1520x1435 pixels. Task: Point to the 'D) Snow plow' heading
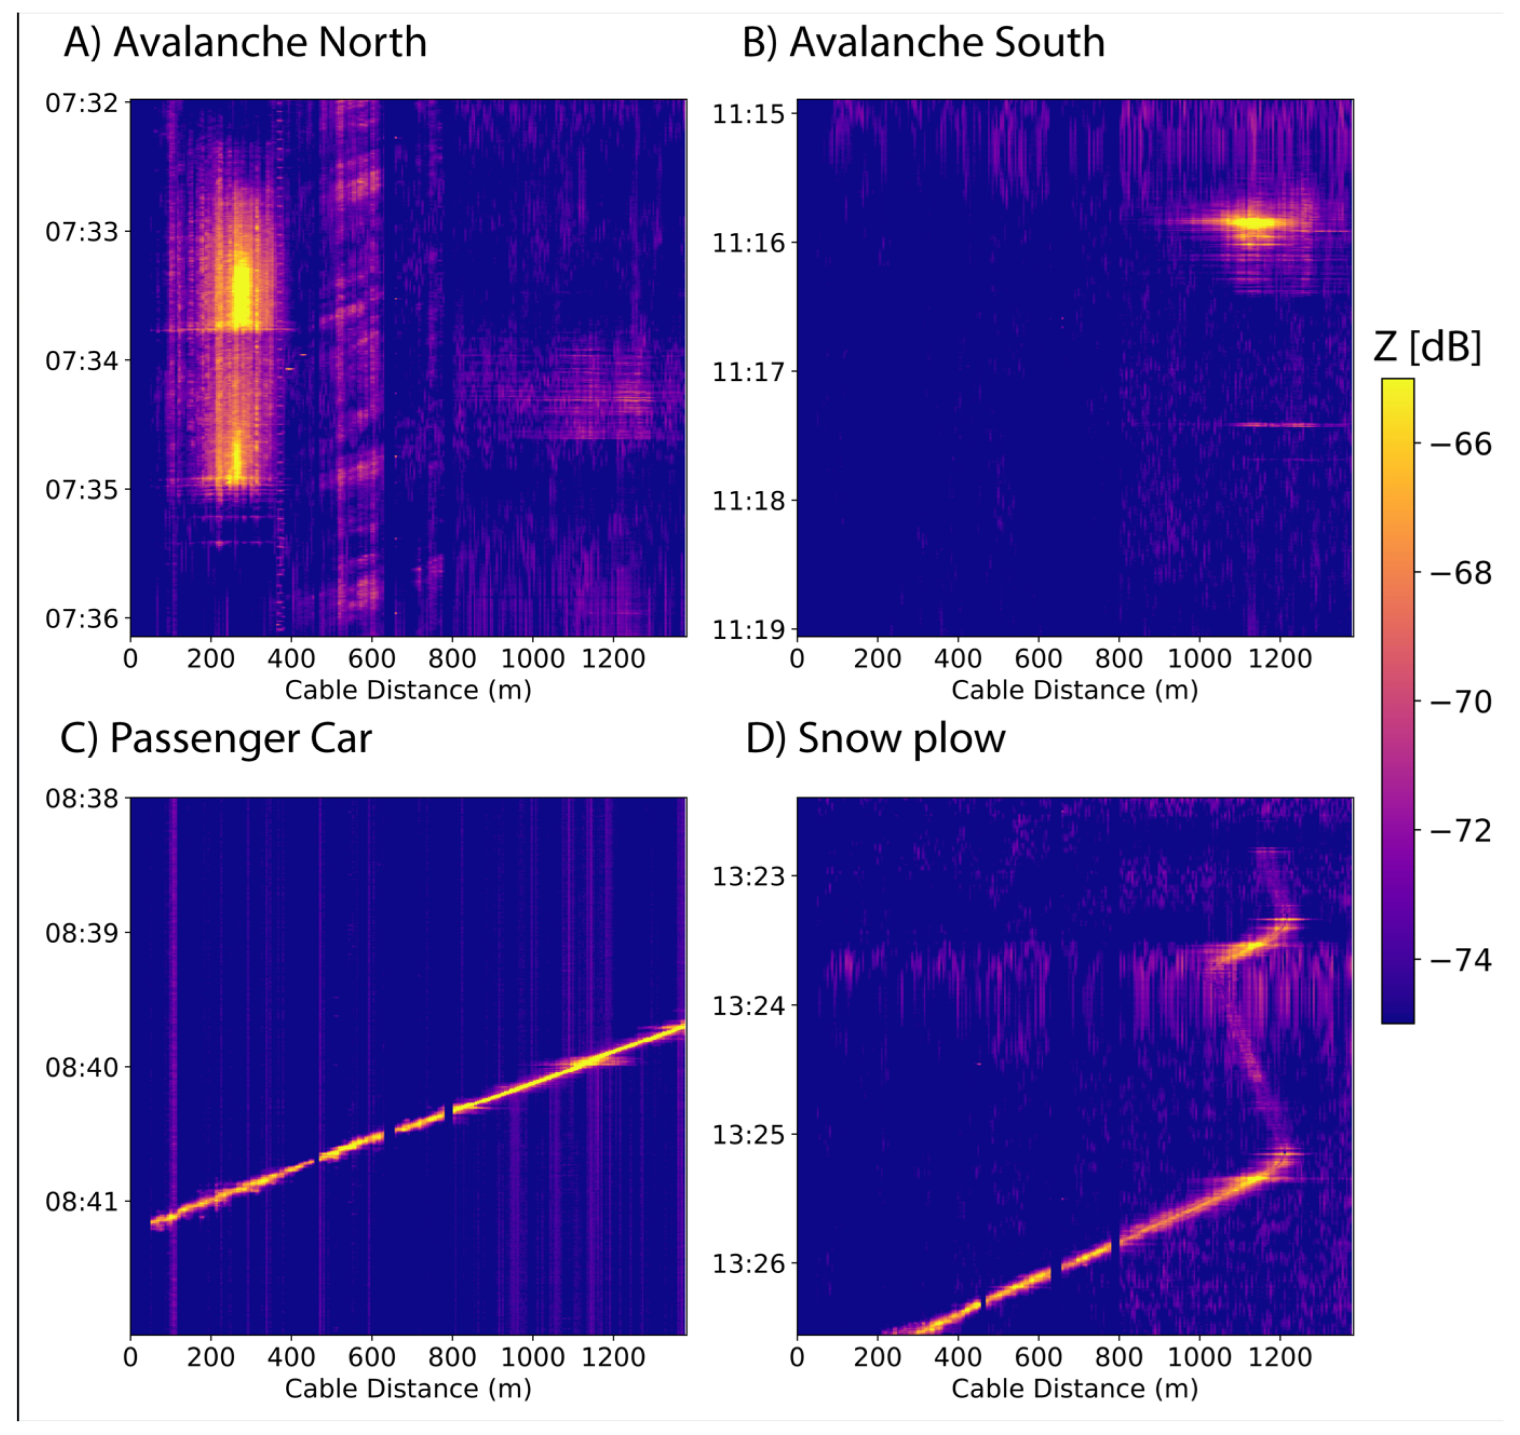coord(876,740)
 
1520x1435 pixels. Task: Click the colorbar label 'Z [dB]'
coord(1427,347)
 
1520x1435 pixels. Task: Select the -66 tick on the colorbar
coord(1461,444)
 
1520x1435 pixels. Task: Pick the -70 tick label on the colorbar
coord(1461,701)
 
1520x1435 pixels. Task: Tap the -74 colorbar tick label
coord(1461,959)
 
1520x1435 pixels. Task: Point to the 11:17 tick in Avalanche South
coord(749,372)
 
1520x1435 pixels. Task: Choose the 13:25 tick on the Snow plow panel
coord(749,1134)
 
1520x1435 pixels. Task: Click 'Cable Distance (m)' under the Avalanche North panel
coord(408,690)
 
